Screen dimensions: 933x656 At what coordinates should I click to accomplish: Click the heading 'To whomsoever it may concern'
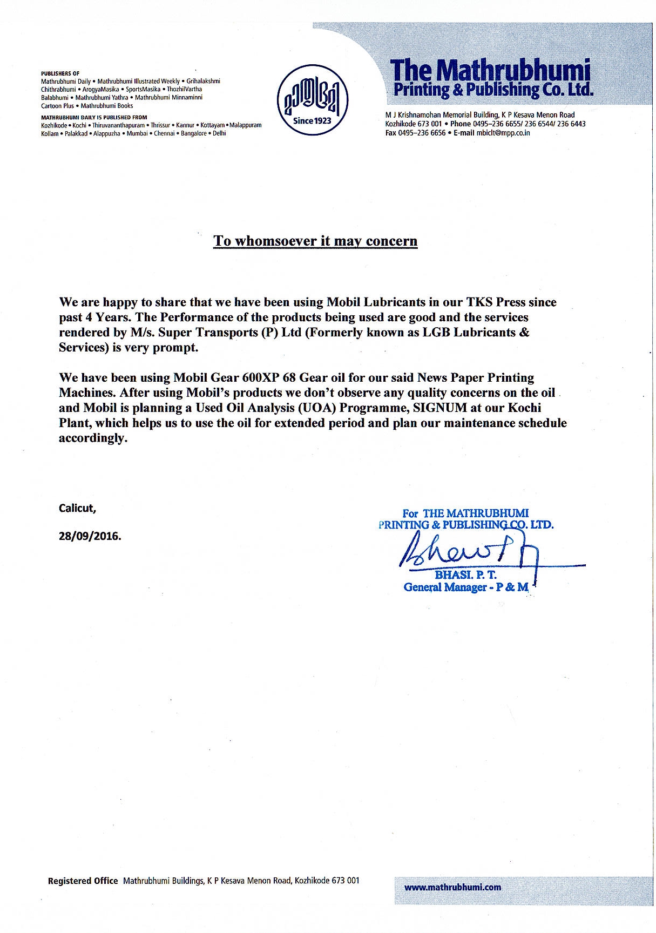tap(315, 241)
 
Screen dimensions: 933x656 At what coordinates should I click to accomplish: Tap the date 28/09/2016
tap(90, 537)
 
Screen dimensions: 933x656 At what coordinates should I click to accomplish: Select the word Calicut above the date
tap(77, 508)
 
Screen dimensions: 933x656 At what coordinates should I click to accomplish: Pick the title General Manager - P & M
tap(465, 587)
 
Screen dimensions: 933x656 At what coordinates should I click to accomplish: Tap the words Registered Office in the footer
tap(83, 881)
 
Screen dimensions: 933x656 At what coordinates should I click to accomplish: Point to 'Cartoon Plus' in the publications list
tap(57, 106)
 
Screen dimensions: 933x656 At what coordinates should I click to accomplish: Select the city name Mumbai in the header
tap(137, 133)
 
